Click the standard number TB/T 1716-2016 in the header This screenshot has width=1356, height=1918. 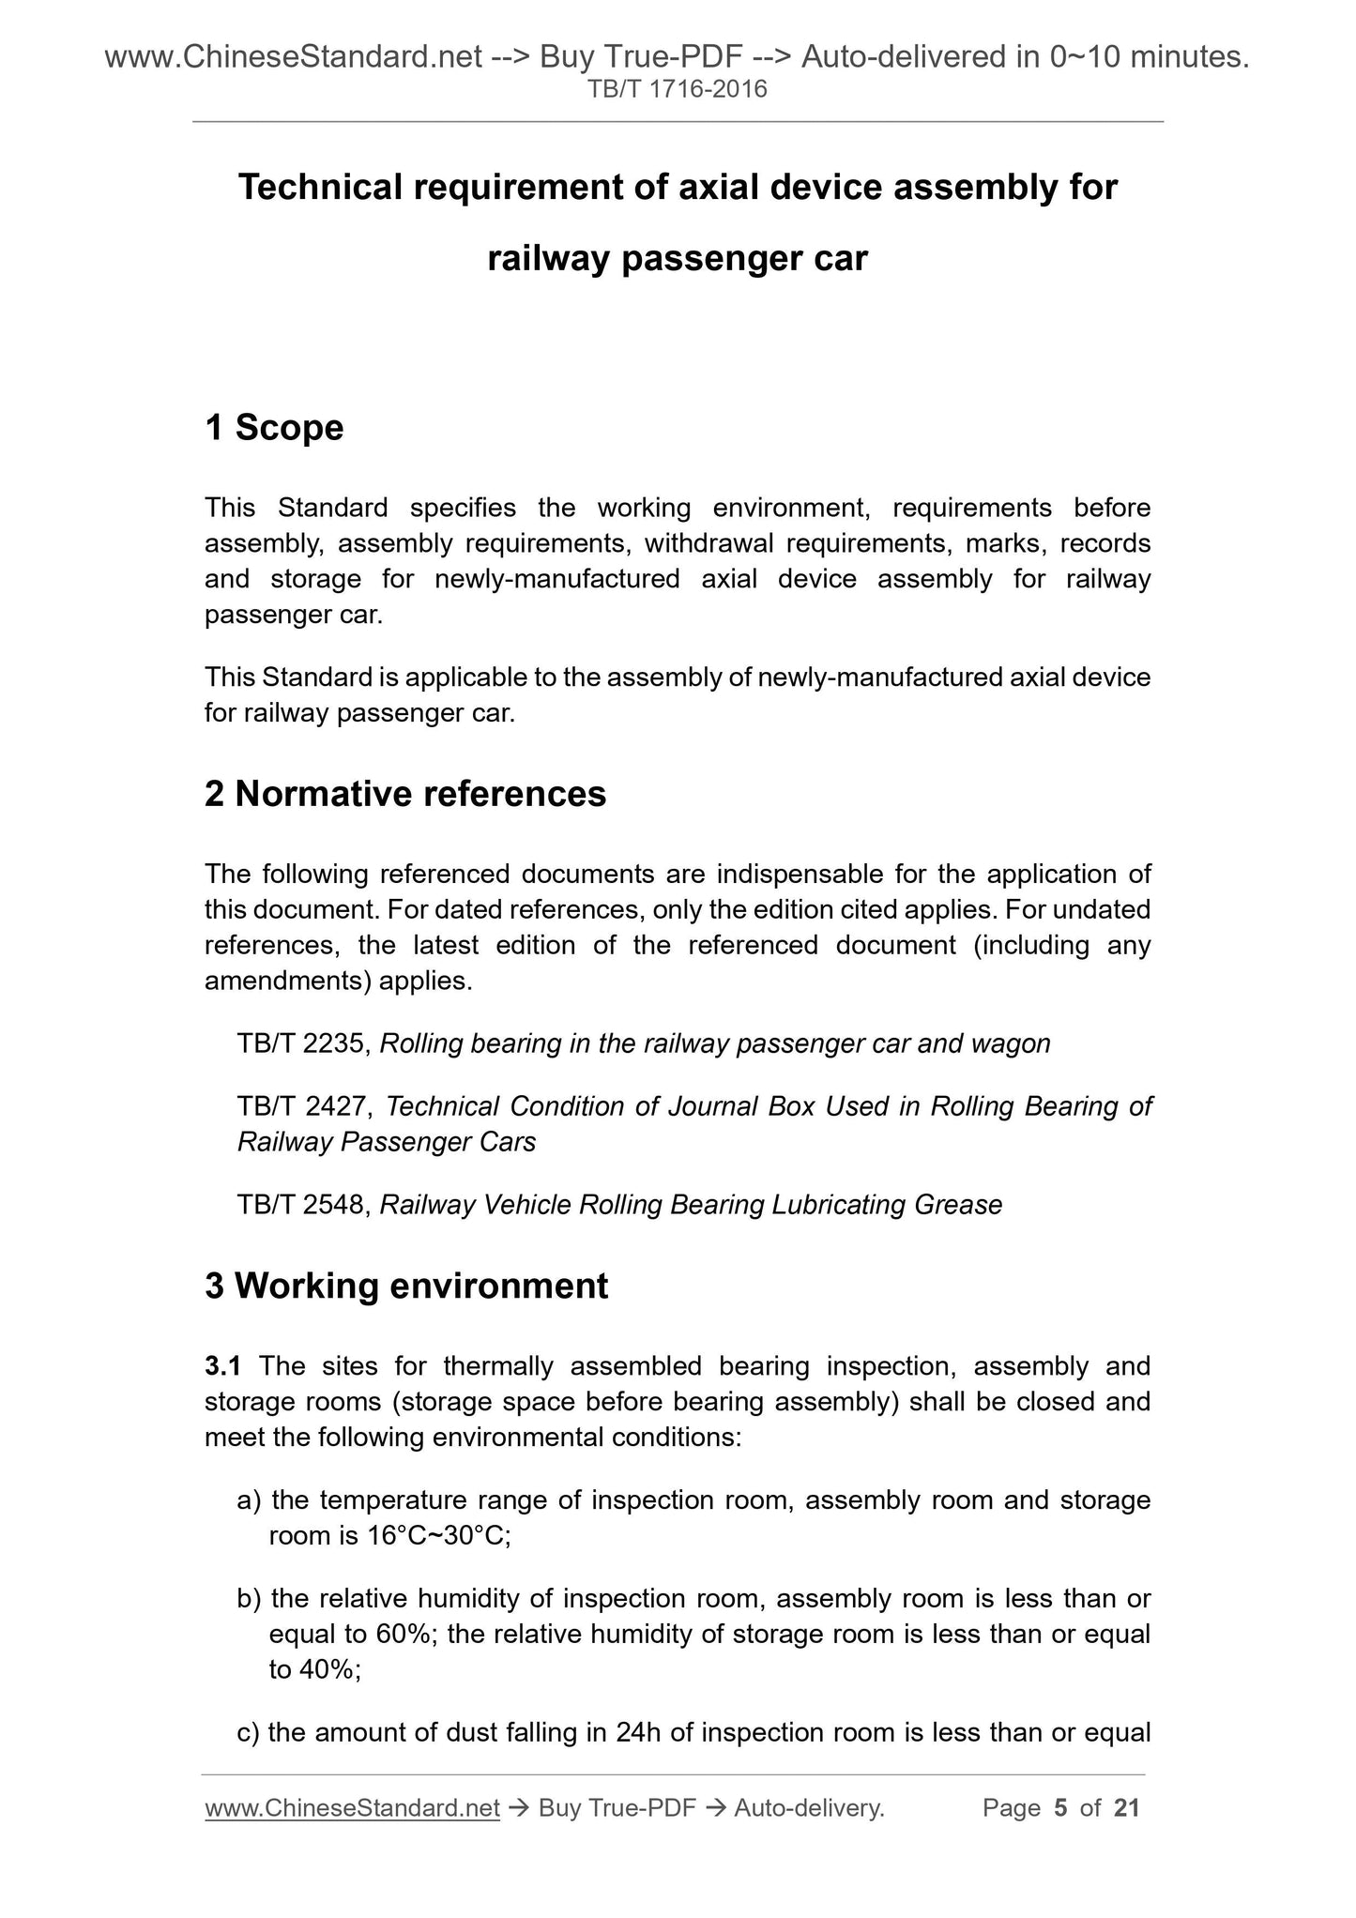coord(678,90)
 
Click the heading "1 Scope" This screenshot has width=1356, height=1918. coord(274,428)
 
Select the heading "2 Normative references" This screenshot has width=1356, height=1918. coord(405,794)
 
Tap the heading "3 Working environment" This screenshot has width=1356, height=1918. coord(406,1286)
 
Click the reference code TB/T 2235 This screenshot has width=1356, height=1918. coord(304,1043)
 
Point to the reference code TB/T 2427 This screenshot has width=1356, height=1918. coord(304,1106)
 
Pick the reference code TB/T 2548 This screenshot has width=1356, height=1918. coord(304,1205)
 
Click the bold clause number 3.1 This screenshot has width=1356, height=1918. coord(222,1366)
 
